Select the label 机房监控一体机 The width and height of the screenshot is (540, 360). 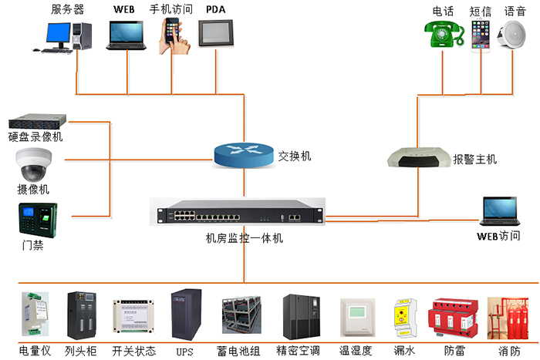click(244, 239)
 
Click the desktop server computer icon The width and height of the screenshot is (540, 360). click(66, 35)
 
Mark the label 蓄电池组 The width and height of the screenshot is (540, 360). click(243, 351)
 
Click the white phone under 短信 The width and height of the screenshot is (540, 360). click(480, 35)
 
